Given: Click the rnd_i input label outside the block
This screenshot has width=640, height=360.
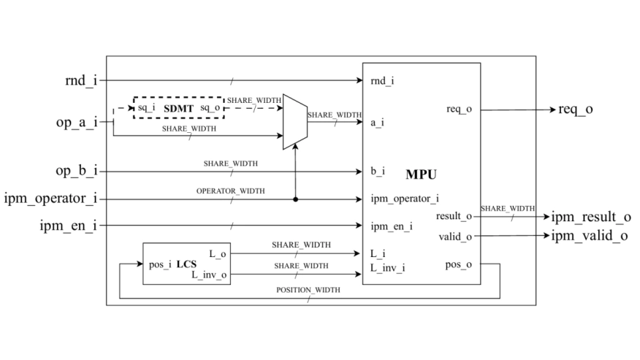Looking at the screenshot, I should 80,80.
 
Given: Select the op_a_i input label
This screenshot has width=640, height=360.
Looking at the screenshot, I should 77,122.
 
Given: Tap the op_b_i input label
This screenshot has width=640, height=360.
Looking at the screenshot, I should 77,172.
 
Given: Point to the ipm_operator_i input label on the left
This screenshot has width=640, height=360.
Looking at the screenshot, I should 50,199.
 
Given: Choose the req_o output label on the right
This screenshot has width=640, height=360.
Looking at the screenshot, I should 576,110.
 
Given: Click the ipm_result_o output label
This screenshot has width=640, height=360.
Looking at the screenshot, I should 590,217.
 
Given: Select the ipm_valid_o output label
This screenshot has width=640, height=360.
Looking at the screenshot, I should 588,236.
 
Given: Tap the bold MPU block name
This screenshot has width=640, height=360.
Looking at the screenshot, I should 421,176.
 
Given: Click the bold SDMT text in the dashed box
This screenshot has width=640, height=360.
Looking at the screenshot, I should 178,108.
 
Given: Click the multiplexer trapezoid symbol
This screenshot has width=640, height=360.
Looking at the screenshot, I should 294,117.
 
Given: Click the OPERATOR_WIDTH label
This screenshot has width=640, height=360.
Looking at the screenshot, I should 231,191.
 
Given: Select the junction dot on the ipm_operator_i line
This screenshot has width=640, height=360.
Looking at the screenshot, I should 295,199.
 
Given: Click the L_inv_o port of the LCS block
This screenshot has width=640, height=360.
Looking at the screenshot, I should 209,275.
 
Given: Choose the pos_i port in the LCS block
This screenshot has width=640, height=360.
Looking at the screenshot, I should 160,264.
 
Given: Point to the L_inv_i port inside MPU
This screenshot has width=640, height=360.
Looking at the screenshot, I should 387,269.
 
